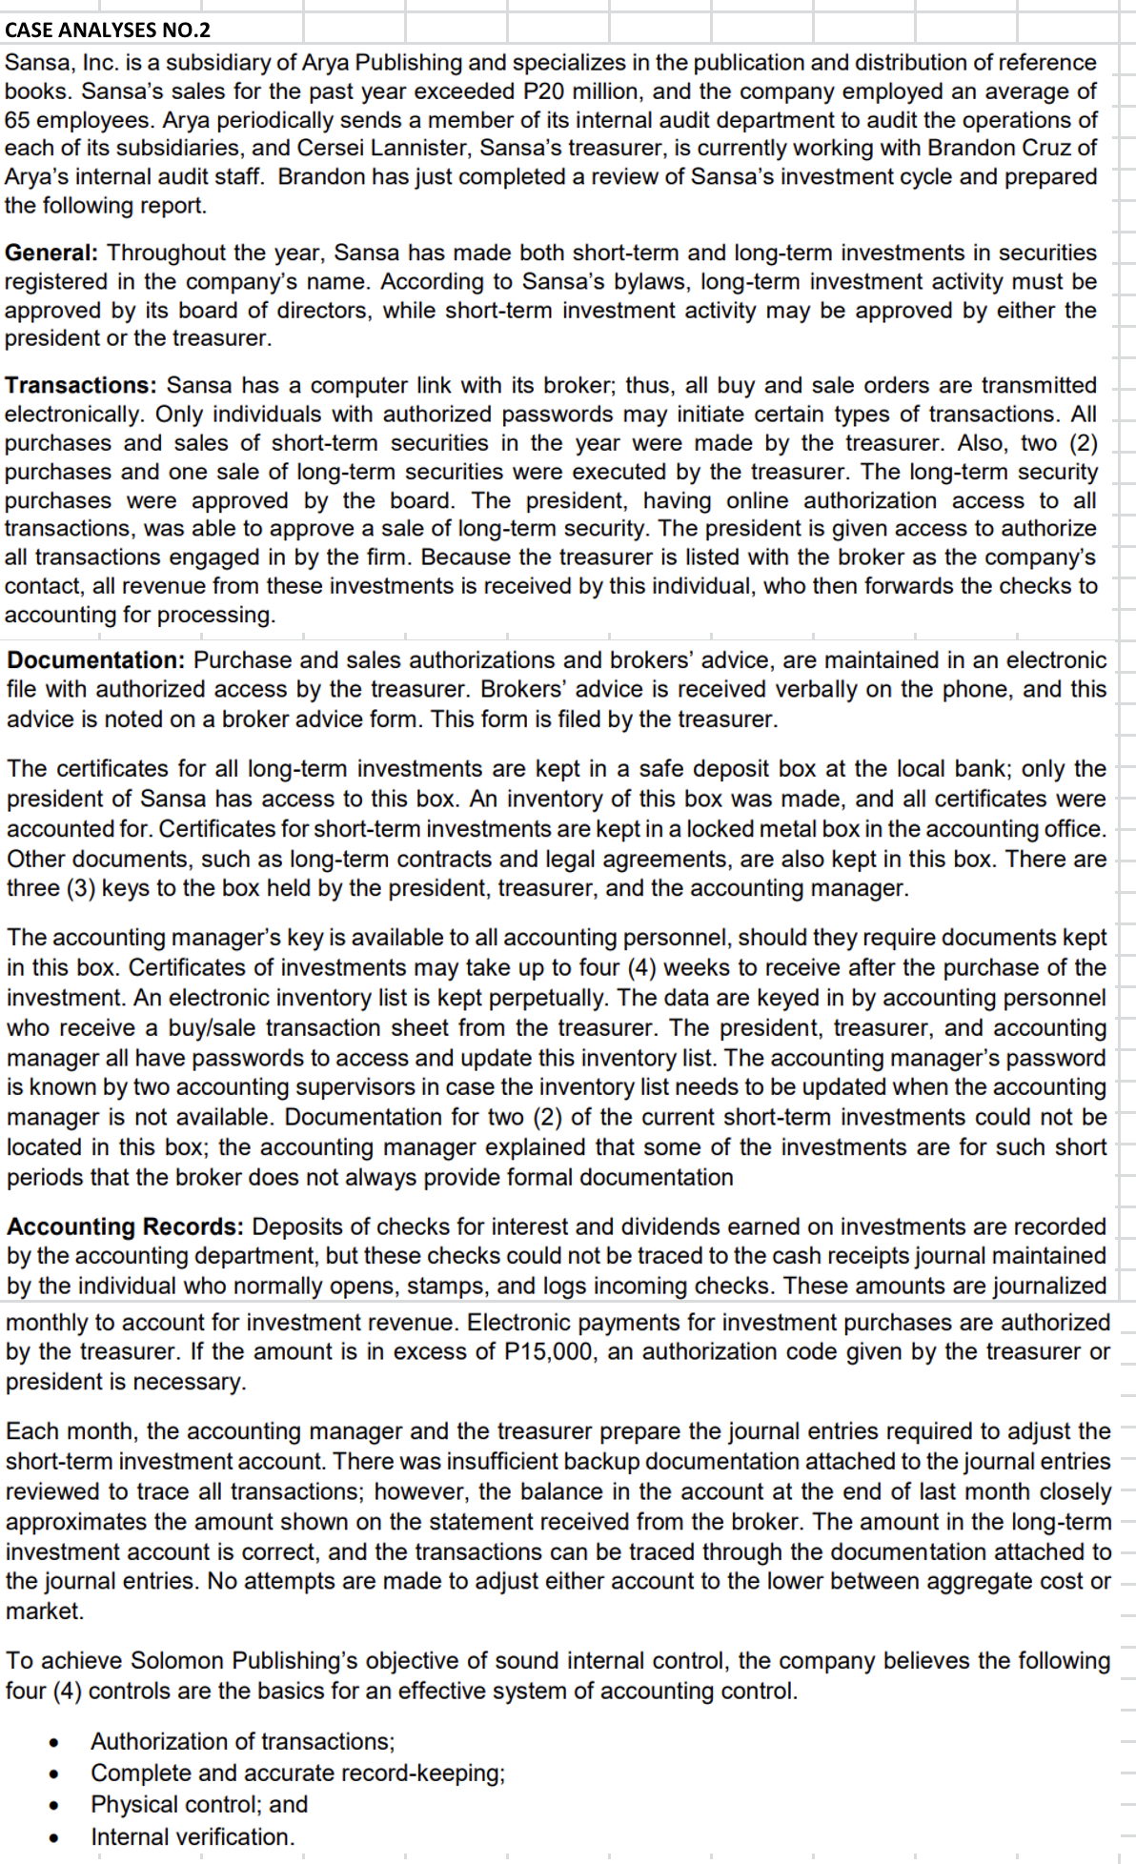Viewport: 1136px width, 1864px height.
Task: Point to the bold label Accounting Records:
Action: point(126,1226)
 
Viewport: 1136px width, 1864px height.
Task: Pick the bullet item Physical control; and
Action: point(199,1804)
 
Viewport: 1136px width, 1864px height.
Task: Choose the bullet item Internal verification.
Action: point(193,1836)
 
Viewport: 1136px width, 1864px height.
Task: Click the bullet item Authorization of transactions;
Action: point(242,1741)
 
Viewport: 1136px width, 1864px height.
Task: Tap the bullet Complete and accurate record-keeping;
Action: point(297,1773)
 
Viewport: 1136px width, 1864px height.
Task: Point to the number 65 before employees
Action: point(18,120)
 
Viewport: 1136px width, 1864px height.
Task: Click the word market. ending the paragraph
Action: point(44,1611)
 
